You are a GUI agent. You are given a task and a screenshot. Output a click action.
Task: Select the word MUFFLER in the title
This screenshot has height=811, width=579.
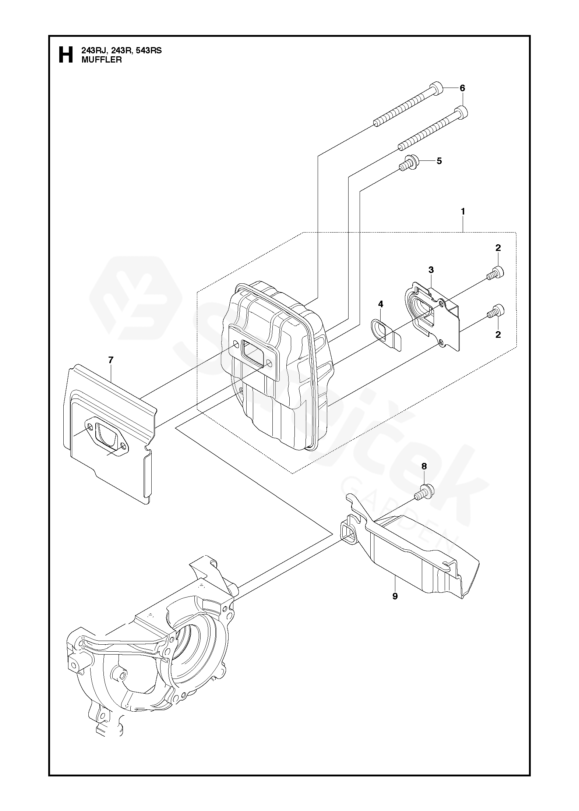pos(101,60)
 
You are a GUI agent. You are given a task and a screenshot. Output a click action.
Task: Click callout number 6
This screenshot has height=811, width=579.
pos(462,88)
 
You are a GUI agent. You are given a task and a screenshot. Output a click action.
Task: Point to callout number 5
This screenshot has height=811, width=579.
pos(439,161)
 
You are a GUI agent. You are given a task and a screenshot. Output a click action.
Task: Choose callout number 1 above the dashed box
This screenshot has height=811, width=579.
pos(463,212)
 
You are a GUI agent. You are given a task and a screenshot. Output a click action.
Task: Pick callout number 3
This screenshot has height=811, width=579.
pos(431,270)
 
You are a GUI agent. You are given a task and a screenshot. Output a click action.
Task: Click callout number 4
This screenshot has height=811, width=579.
pos(381,304)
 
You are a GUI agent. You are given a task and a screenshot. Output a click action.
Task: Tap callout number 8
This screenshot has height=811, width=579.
pos(424,466)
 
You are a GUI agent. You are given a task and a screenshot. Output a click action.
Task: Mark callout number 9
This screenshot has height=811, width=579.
pos(395,596)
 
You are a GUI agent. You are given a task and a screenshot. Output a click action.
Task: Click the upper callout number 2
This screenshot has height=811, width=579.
pos(498,248)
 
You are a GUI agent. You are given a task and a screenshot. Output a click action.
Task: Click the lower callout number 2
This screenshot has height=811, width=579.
pos(498,334)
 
